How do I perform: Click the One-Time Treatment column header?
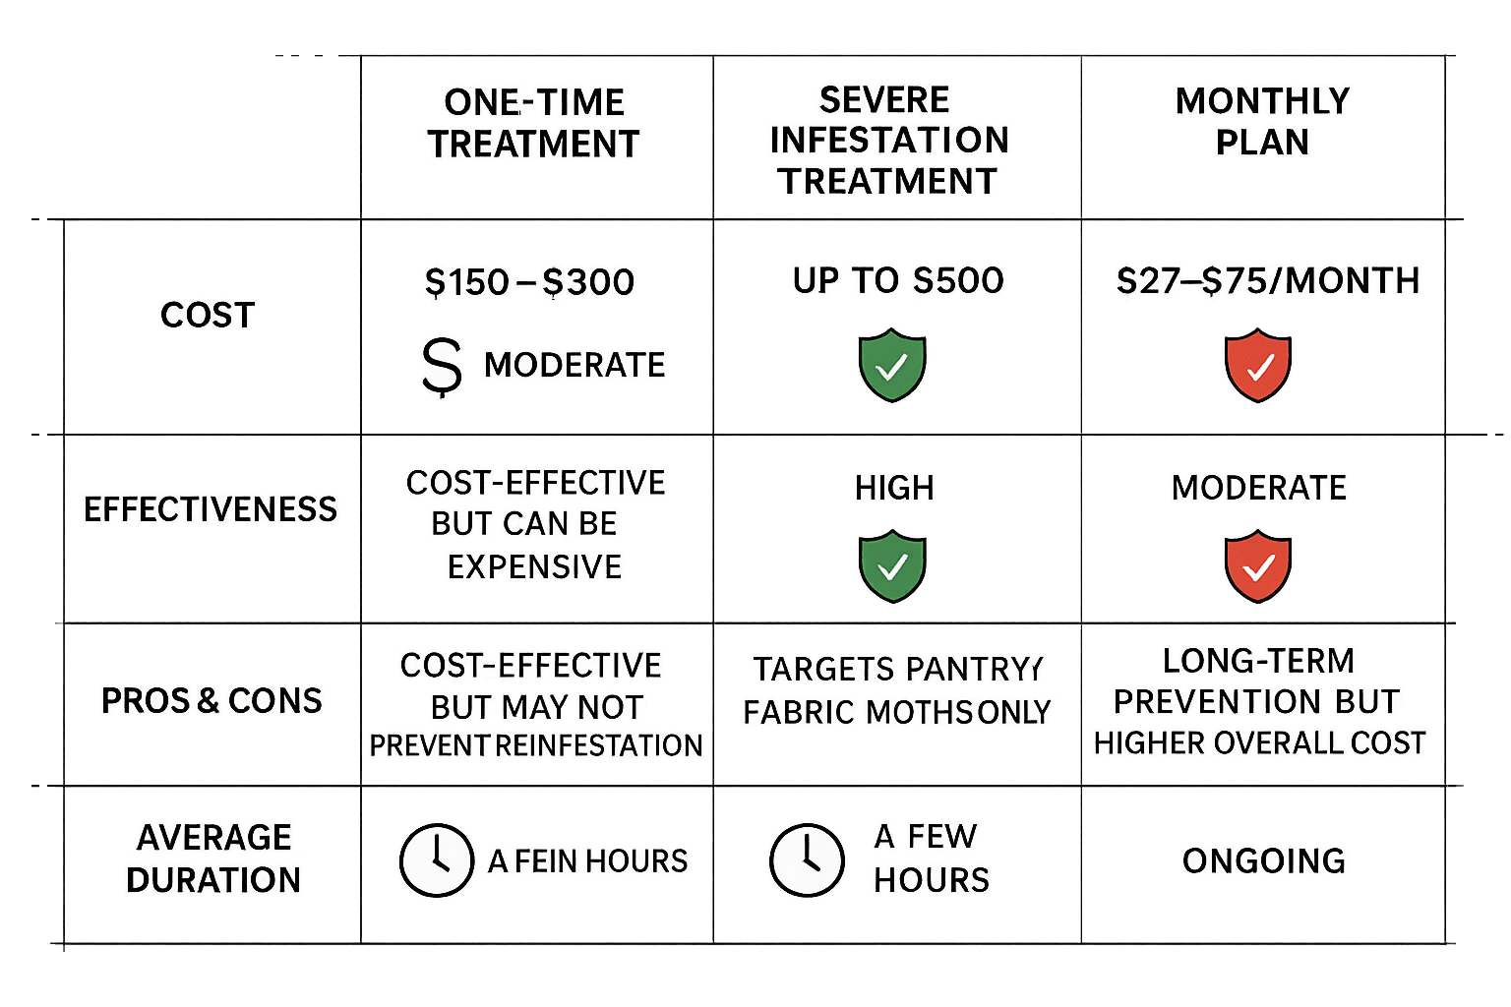pyautogui.click(x=533, y=123)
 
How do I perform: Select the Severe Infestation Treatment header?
pyautogui.click(x=889, y=141)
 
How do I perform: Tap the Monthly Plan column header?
pyautogui.click(x=1263, y=121)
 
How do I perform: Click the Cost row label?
pyautogui.click(x=207, y=316)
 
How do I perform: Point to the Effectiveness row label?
pyautogui.click(x=210, y=509)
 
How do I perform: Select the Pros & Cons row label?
pyautogui.click(x=212, y=701)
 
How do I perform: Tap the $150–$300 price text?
pyautogui.click(x=529, y=282)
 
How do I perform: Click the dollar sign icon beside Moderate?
pyautogui.click(x=441, y=367)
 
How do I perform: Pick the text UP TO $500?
pyautogui.click(x=897, y=280)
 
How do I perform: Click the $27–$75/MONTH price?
pyautogui.click(x=1267, y=281)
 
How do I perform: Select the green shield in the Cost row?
pyautogui.click(x=892, y=365)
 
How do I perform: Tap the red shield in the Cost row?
pyautogui.click(x=1257, y=366)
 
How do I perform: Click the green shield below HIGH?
pyautogui.click(x=892, y=565)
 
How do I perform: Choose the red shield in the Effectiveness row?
pyautogui.click(x=1257, y=565)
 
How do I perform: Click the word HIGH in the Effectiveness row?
pyautogui.click(x=894, y=488)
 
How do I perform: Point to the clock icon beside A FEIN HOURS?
pyautogui.click(x=435, y=859)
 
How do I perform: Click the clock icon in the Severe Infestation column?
pyautogui.click(x=806, y=859)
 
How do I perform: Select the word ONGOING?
pyautogui.click(x=1264, y=861)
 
